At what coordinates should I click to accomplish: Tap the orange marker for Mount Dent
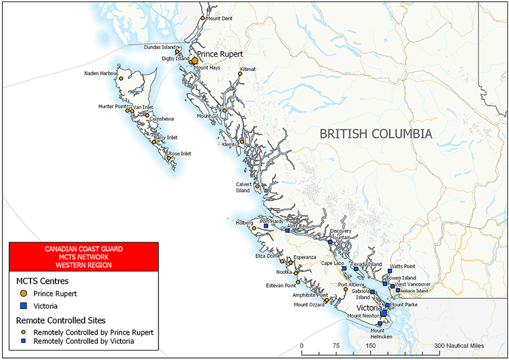pyautogui.click(x=203, y=18)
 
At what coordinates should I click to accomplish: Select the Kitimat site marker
pyautogui.click(x=240, y=74)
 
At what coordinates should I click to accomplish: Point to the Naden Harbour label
pyautogui.click(x=101, y=73)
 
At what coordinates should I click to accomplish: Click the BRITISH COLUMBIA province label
pyautogui.click(x=375, y=134)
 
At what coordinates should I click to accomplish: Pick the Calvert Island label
pyautogui.click(x=243, y=187)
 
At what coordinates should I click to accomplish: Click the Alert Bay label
pyautogui.click(x=297, y=226)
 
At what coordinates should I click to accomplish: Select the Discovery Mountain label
pyautogui.click(x=340, y=233)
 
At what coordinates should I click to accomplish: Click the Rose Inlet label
pyautogui.click(x=179, y=153)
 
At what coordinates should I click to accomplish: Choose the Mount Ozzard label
pyautogui.click(x=309, y=305)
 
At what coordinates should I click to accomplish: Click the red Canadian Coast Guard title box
pyautogui.click(x=83, y=256)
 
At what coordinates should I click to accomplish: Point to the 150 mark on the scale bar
pyautogui.click(x=370, y=345)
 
